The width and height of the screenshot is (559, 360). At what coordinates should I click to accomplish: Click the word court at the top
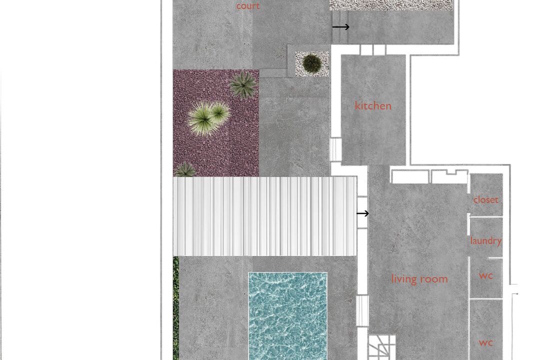[x=248, y=5]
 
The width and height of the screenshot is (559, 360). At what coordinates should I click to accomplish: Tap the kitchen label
[x=373, y=105]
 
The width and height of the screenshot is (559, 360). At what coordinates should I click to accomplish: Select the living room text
[x=419, y=278]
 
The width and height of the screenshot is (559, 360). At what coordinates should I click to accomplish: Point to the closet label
[x=485, y=199]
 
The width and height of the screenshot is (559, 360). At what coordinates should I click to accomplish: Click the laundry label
[x=486, y=240]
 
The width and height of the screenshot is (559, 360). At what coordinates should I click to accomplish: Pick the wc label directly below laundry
[x=486, y=275]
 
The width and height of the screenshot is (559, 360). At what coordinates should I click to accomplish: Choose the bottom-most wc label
[x=485, y=343]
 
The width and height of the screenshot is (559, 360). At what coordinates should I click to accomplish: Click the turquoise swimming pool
[x=287, y=316]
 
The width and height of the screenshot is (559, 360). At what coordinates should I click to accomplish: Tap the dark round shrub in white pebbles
[x=312, y=64]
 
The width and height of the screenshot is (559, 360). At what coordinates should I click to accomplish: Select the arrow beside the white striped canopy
[x=362, y=213]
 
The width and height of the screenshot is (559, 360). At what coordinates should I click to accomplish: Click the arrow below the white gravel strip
[x=341, y=26]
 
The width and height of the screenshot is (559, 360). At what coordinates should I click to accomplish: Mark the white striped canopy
[x=265, y=216]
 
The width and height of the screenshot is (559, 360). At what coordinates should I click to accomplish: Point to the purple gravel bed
[x=216, y=123]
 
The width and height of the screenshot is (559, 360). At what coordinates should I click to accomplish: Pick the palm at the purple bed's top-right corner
[x=243, y=84]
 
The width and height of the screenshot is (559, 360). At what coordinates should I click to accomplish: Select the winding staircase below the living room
[x=382, y=347]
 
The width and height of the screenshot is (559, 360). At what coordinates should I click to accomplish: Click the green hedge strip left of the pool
[x=176, y=308]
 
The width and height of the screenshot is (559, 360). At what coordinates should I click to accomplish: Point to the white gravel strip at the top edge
[x=391, y=5]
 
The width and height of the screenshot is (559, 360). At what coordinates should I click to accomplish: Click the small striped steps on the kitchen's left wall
[x=335, y=149]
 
